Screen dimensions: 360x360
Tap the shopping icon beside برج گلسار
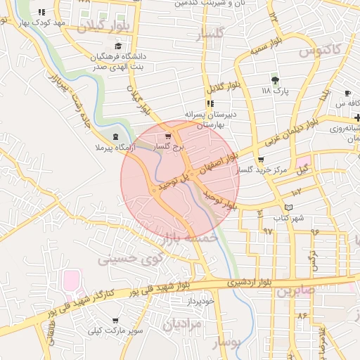point(167,136)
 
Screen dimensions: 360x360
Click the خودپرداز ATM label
point(200,301)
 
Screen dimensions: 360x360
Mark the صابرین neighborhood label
point(292,290)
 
